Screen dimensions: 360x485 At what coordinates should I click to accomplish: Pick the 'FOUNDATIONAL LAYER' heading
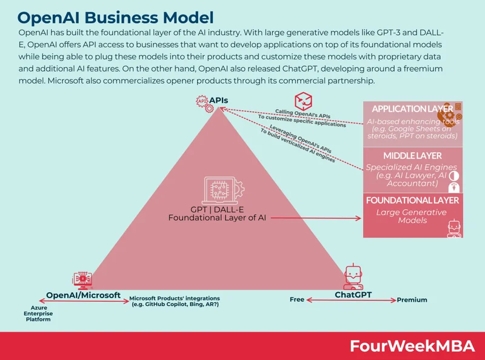(412, 200)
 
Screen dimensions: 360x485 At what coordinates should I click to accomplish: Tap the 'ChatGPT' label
(353, 295)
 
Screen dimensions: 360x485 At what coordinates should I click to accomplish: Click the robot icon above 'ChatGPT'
(353, 276)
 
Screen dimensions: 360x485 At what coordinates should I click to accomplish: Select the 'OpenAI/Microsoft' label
(84, 295)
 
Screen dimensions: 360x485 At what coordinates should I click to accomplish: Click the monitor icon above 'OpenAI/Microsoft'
(82, 278)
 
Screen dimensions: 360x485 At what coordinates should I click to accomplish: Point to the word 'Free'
(297, 299)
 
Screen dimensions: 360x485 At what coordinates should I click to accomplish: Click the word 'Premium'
(412, 299)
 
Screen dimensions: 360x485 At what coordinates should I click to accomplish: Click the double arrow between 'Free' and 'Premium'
(350, 300)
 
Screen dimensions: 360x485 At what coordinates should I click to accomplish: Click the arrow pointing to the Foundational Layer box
(315, 218)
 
